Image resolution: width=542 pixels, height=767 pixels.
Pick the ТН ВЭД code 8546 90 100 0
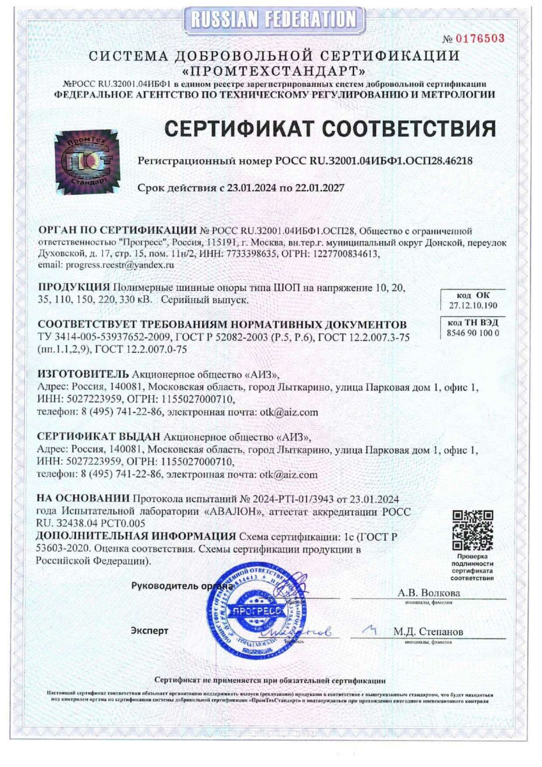click(473, 332)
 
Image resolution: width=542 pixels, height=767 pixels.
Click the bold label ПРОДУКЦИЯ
click(74, 285)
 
